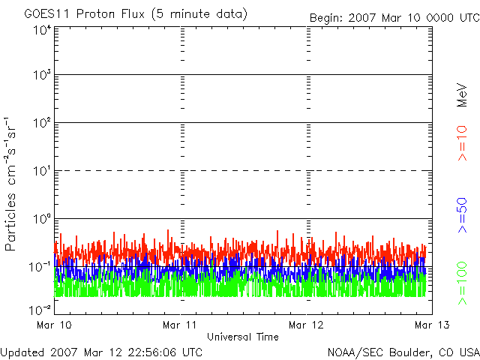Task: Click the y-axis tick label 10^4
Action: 40,31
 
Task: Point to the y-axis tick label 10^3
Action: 40,75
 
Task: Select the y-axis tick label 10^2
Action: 40,123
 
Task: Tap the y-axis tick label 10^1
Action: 40,171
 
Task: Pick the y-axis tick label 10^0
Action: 40,219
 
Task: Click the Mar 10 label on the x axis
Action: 53,325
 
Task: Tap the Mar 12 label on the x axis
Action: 306,325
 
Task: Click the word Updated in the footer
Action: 22,351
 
